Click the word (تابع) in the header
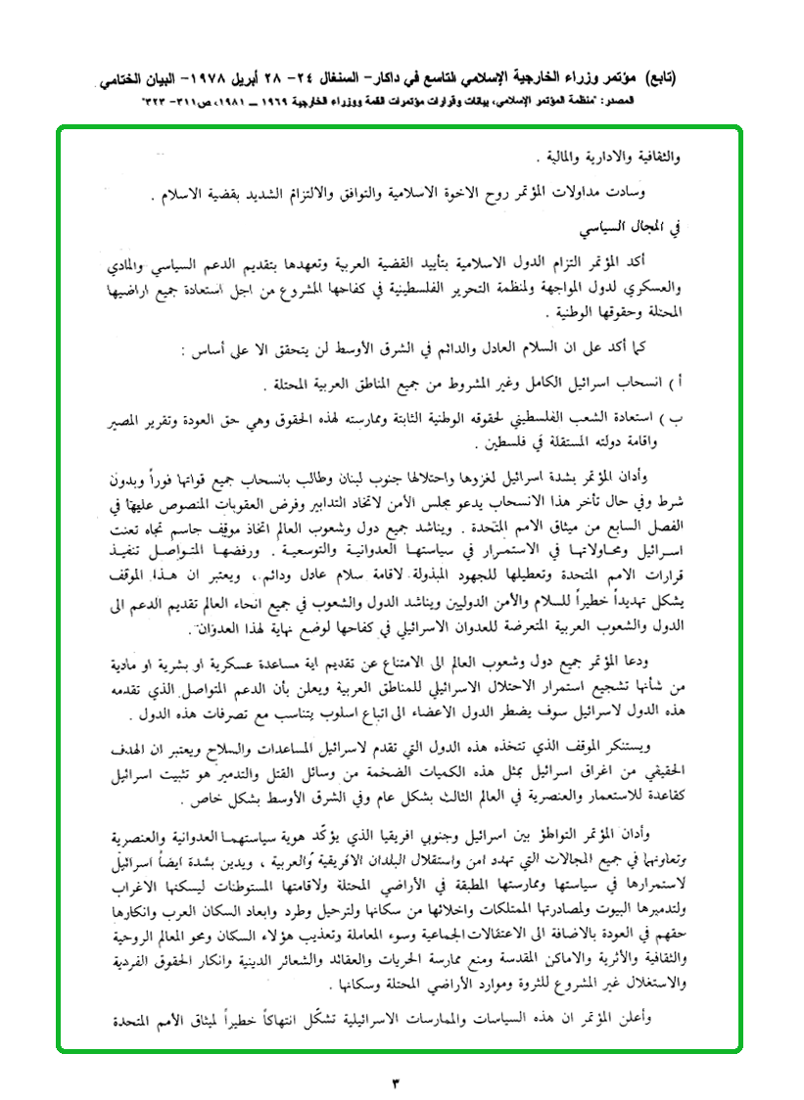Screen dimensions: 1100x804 (x=682, y=78)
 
